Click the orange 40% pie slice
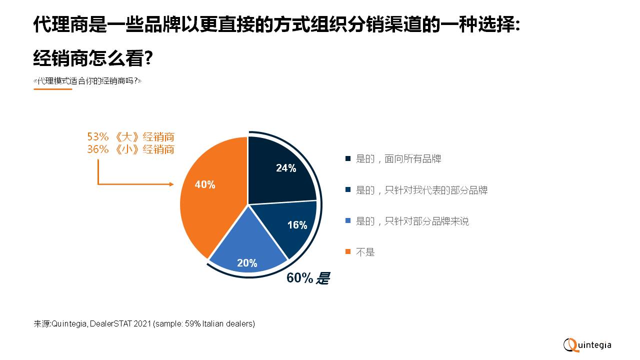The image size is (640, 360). tap(210, 200)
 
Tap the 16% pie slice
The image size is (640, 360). tap(292, 225)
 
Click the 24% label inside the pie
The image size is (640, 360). tap(286, 168)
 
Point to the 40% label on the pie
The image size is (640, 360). tap(205, 185)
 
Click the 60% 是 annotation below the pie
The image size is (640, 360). tap(308, 278)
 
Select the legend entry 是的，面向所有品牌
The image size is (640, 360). tap(398, 159)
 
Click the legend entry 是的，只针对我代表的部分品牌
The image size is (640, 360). tap(421, 190)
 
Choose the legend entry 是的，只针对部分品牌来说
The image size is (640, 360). tap(412, 221)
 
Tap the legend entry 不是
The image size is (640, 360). tap(365, 252)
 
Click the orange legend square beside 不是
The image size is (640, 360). tap(348, 252)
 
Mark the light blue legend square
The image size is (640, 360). tap(348, 221)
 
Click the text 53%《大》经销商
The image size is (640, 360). tap(130, 137)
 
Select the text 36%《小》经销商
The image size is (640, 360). tap(130, 149)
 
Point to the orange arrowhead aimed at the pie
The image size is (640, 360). tap(171, 184)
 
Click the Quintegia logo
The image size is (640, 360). tap(587, 345)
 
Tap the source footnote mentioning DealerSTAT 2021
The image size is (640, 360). tap(144, 323)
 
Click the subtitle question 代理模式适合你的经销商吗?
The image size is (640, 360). tap(87, 80)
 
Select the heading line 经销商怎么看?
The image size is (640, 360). tap(93, 59)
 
